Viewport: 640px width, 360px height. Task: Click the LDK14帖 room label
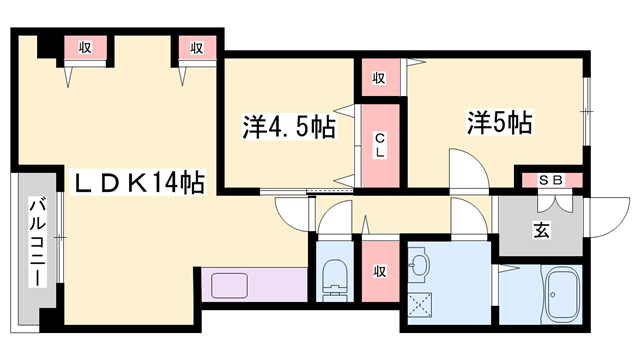(x=136, y=182)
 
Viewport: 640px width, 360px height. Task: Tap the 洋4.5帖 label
(x=288, y=127)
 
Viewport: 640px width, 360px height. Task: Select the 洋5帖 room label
(x=497, y=123)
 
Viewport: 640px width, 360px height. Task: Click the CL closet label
(x=380, y=145)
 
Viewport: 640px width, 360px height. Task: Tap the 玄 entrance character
(x=541, y=231)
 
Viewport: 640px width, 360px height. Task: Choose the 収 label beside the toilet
(x=380, y=272)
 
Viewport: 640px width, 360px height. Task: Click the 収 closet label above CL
(x=380, y=77)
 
